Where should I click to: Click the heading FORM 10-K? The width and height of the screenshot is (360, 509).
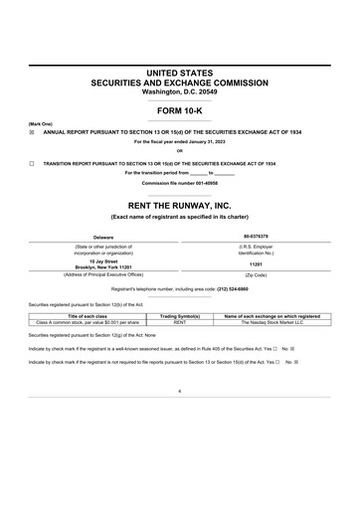179,111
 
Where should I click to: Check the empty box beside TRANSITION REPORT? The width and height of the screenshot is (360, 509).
31,162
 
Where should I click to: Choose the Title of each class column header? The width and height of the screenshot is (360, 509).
87,315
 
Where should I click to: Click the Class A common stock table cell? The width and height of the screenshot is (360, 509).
87,322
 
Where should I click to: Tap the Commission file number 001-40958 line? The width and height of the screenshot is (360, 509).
179,184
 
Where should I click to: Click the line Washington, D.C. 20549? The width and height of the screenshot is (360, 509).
179,91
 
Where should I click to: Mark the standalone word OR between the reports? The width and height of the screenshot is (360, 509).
179,151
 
